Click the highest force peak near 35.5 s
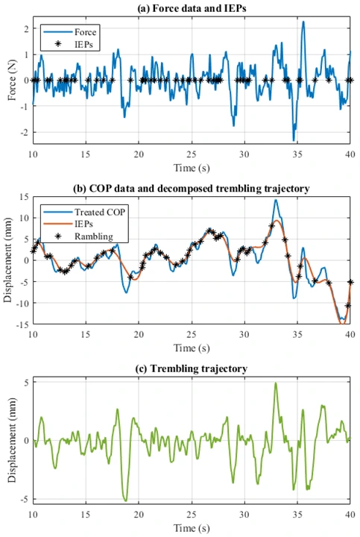click(303, 22)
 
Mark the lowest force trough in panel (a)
click(294, 139)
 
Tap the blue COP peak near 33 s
click(276, 200)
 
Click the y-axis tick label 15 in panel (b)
click(23, 197)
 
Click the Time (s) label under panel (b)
click(191, 347)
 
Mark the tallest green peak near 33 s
click(275, 383)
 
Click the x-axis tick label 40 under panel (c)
click(350, 515)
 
